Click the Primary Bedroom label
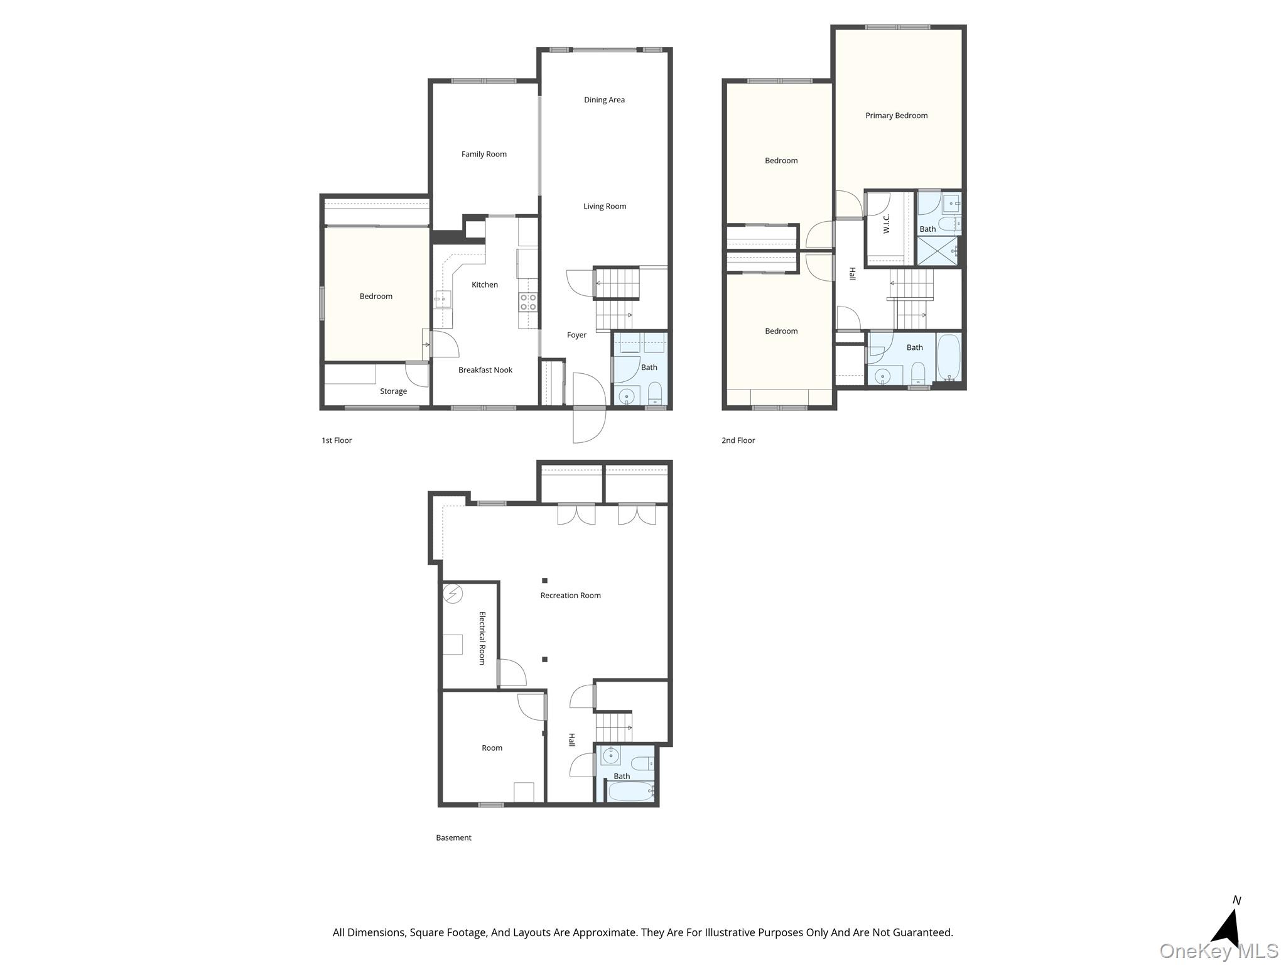[896, 116]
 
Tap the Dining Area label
[604, 100]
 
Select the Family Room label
[484, 155]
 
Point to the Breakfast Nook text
[485, 370]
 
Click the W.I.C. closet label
[887, 224]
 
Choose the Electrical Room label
[482, 638]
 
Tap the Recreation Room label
[570, 596]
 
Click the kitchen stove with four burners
[528, 302]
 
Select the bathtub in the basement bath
[631, 791]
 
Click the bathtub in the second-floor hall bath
[948, 357]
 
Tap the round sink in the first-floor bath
[626, 396]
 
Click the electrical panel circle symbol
[453, 594]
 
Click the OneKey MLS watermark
[1219, 951]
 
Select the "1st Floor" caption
[337, 440]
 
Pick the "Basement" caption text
[453, 837]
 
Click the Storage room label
[393, 391]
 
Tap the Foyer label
[576, 335]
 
